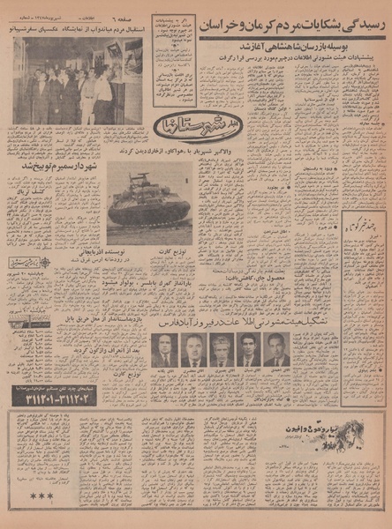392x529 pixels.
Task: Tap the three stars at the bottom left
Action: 41,495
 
